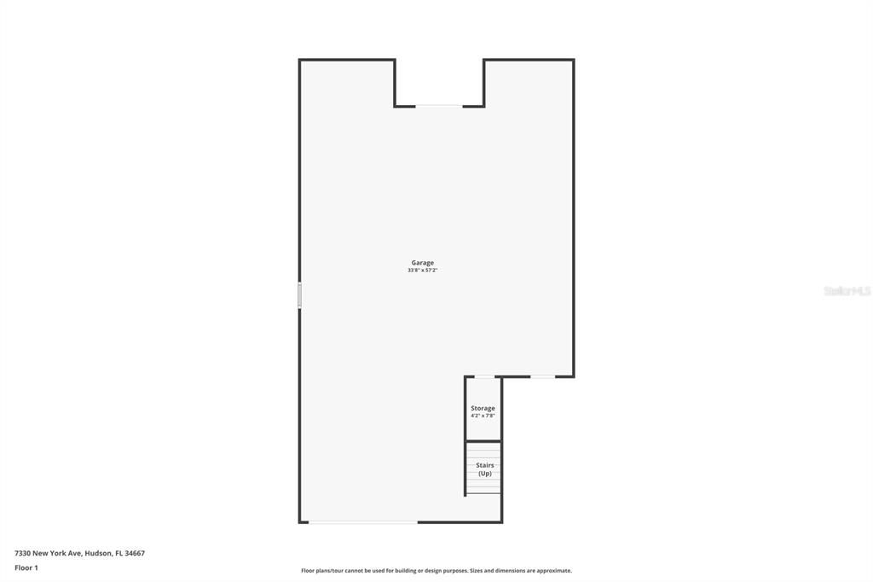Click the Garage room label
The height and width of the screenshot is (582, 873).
423,263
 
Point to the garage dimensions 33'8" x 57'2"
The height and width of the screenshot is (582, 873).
423,271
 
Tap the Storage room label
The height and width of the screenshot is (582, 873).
483,409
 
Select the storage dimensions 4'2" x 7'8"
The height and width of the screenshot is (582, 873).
483,416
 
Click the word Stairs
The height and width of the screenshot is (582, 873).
484,466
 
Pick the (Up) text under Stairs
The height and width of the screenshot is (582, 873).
484,474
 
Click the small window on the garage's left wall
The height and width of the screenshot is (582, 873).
299,295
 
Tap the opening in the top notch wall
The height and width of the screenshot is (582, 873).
439,106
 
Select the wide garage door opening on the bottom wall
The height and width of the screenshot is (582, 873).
363,521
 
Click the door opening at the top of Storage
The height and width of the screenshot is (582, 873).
483,376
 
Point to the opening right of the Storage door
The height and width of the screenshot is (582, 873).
542,376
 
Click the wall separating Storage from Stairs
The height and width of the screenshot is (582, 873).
483,440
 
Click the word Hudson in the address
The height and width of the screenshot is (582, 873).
97,553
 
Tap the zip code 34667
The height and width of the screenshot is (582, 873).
135,553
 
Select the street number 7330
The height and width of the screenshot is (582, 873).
22,553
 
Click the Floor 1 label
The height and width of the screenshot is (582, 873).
26,567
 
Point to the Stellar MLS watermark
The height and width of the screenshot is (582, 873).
847,291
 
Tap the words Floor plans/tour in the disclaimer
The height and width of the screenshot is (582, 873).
322,571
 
